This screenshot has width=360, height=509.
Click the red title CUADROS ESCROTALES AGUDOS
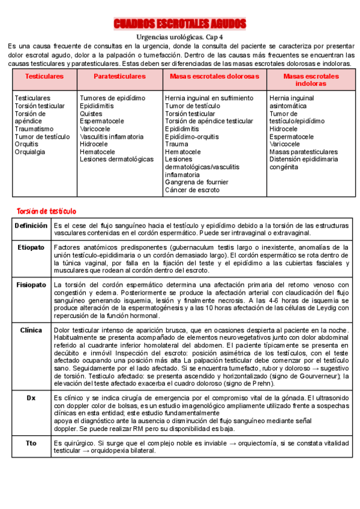[x=179, y=24]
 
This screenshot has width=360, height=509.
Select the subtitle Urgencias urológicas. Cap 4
[x=179, y=37]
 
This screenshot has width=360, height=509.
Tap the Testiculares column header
[x=44, y=77]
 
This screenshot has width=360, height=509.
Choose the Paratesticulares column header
[x=119, y=77]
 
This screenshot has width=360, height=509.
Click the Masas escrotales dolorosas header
[x=214, y=77]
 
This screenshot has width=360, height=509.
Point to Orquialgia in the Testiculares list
[x=29, y=152]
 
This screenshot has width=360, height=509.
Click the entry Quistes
[x=91, y=113]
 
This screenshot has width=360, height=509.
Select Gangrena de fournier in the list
[x=196, y=182]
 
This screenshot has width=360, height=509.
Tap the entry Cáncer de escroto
[x=192, y=190]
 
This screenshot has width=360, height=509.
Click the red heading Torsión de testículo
[x=46, y=211]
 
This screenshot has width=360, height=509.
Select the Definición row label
[x=31, y=226]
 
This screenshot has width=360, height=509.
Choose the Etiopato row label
[x=31, y=247]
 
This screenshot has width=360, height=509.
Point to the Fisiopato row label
[x=31, y=285]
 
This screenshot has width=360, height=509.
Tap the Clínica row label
[x=31, y=330]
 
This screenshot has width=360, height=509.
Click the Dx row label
[x=31, y=398]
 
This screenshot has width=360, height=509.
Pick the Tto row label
[x=31, y=443]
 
